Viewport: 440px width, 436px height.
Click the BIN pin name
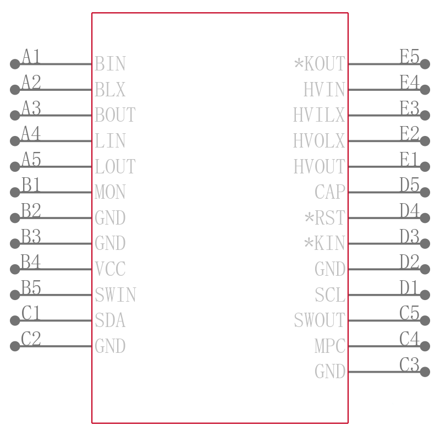(110, 64)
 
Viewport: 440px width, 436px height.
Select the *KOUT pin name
(320, 64)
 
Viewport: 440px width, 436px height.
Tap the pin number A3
(31, 108)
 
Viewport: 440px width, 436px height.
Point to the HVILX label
(319, 115)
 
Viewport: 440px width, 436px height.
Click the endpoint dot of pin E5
(425, 64)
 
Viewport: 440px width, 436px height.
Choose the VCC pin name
(110, 269)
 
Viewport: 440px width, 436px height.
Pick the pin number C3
(409, 364)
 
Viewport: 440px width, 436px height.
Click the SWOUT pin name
(320, 320)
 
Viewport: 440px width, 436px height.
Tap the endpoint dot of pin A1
(15, 64)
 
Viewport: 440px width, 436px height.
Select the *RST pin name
(324, 217)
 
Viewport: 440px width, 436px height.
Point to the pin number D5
(409, 185)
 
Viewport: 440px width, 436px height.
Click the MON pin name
(110, 192)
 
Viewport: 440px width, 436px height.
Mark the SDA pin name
(110, 320)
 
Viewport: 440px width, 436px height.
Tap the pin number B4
(31, 261)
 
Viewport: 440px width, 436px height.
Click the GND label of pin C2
(110, 346)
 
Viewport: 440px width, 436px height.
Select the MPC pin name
(329, 346)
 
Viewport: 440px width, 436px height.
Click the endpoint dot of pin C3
(425, 372)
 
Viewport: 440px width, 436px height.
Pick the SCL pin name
(329, 295)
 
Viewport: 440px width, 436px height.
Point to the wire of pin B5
(53, 295)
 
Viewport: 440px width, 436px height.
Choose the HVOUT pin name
(320, 166)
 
